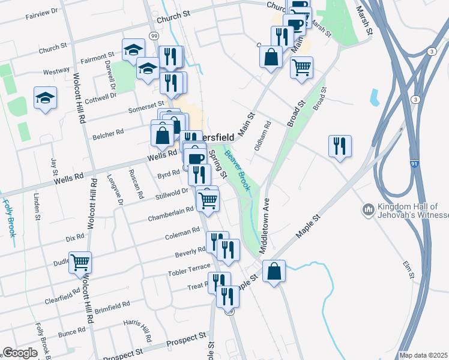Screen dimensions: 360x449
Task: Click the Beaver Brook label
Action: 237,170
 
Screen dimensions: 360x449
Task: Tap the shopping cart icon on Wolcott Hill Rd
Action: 80,262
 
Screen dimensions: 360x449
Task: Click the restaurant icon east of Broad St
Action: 340,146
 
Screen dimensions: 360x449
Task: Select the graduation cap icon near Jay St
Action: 45,98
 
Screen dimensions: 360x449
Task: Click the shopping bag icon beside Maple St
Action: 274,271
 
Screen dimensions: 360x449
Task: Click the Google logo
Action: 20,353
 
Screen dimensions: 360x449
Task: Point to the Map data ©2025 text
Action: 423,355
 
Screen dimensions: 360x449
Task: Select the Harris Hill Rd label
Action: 137,331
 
